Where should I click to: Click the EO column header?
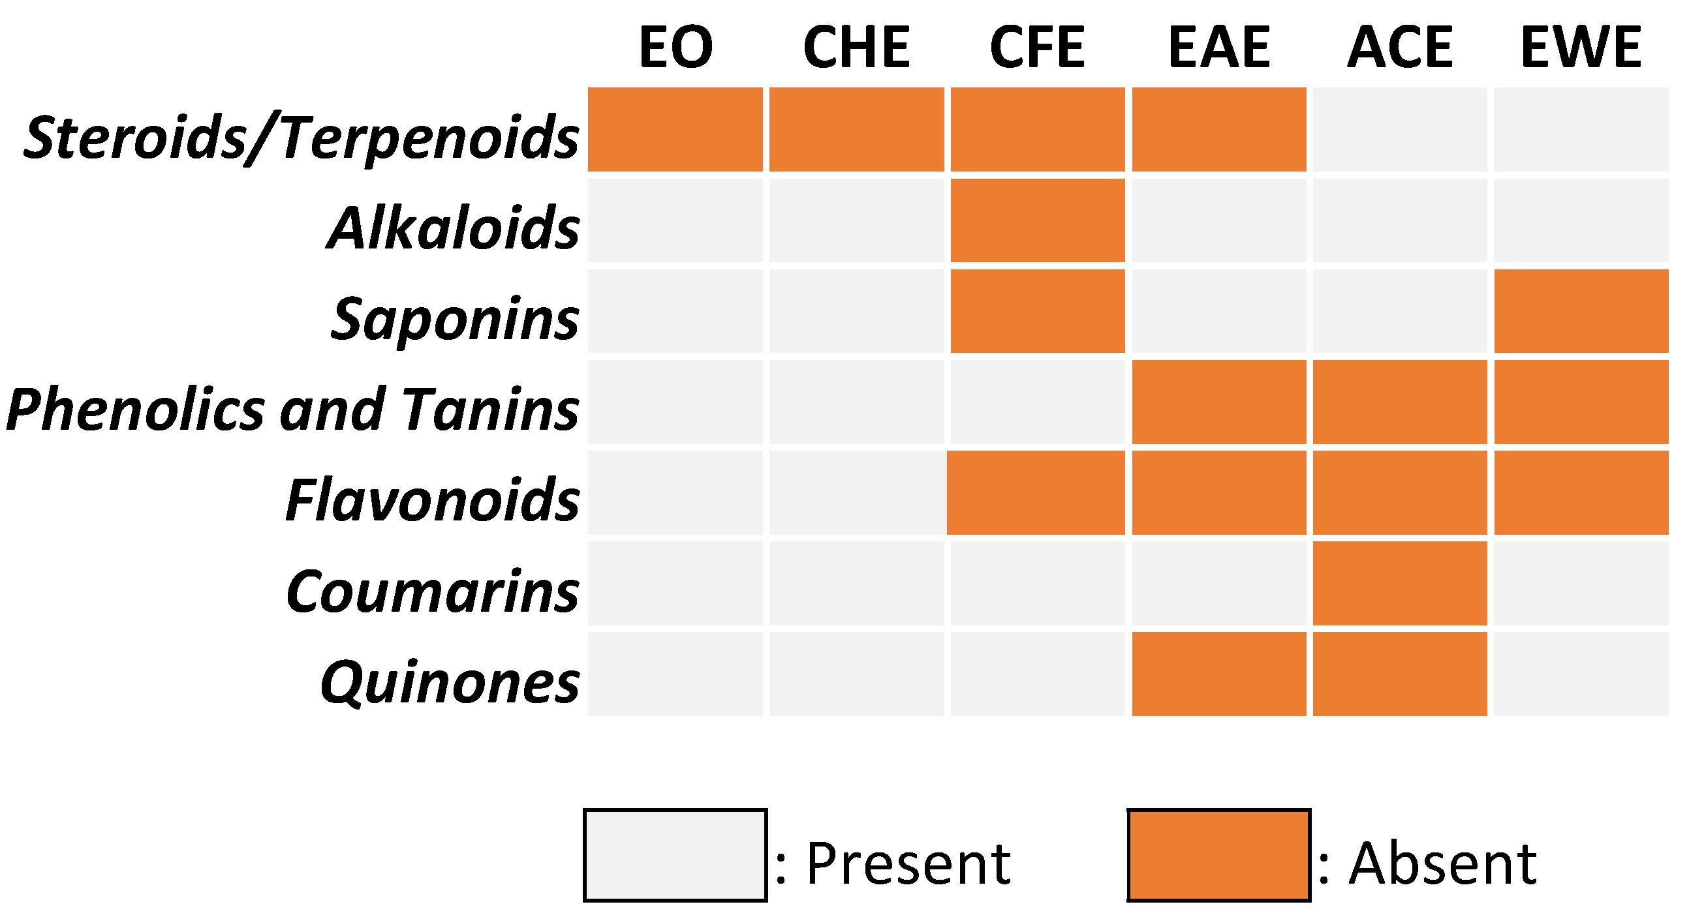pos(675,47)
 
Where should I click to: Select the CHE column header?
pos(856,47)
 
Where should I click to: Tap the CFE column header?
pos(1037,47)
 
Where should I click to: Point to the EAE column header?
pos(1219,47)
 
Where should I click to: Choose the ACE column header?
pos(1400,47)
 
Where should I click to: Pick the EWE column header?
pos(1581,47)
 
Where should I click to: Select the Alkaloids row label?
pos(452,228)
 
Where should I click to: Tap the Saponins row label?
pos(454,319)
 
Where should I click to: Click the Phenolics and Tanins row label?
pos(293,410)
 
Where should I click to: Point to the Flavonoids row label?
pos(433,501)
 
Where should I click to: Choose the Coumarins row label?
pos(433,592)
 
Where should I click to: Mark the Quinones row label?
pos(450,682)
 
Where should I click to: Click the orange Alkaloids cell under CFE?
pos(1037,220)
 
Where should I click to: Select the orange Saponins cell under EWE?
pos(1581,310)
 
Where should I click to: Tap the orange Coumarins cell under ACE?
pos(1400,583)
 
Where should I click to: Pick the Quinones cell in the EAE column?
pos(1219,674)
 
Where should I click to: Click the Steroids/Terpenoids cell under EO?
pos(675,129)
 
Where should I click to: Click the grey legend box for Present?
pos(675,855)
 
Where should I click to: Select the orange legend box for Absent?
pos(1218,855)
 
